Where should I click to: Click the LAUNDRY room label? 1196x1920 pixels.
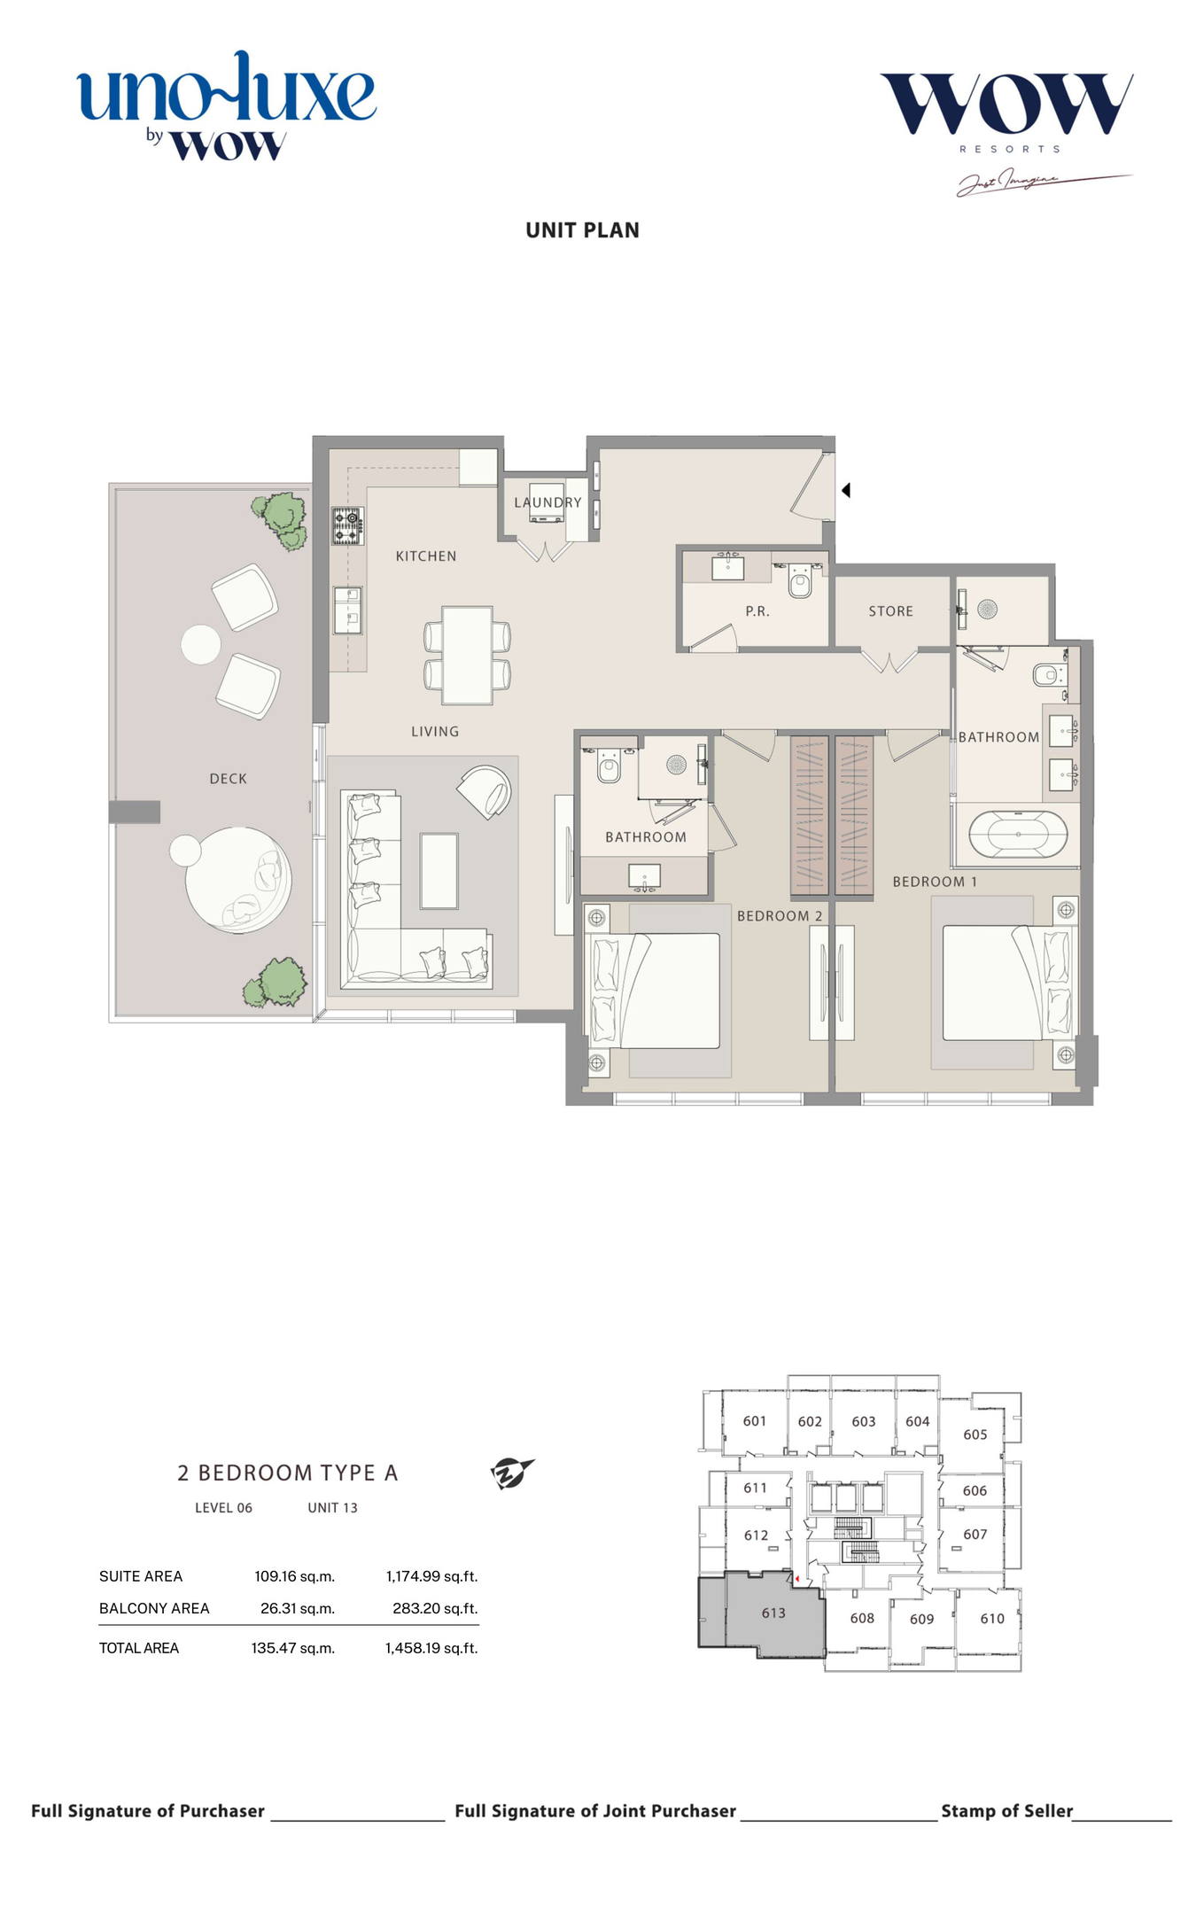pyautogui.click(x=548, y=502)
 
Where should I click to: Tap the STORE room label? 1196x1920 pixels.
pyautogui.click(x=890, y=611)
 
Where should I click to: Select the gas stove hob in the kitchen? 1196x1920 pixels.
pyautogui.click(x=348, y=525)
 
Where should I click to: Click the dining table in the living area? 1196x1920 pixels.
pyautogui.click(x=467, y=655)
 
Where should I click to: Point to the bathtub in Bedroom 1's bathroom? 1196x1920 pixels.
pyautogui.click(x=1017, y=835)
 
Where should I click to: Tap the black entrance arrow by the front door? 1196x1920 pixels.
pyautogui.click(x=846, y=490)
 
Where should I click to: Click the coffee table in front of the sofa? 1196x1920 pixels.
pyautogui.click(x=439, y=870)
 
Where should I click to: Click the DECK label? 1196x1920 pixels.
pyautogui.click(x=228, y=779)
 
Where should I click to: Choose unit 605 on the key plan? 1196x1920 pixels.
pyautogui.click(x=975, y=1434)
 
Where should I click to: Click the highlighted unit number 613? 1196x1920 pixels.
pyautogui.click(x=773, y=1613)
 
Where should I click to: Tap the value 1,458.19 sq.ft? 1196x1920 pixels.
pyautogui.click(x=431, y=1648)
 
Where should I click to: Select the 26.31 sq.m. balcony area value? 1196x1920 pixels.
pyautogui.click(x=298, y=1608)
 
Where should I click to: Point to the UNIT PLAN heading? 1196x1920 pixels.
pyautogui.click(x=582, y=230)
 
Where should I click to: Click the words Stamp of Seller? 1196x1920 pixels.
pyautogui.click(x=1006, y=1811)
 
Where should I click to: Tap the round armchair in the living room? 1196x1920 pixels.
pyautogui.click(x=485, y=792)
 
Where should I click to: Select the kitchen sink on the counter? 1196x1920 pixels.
pyautogui.click(x=347, y=610)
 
